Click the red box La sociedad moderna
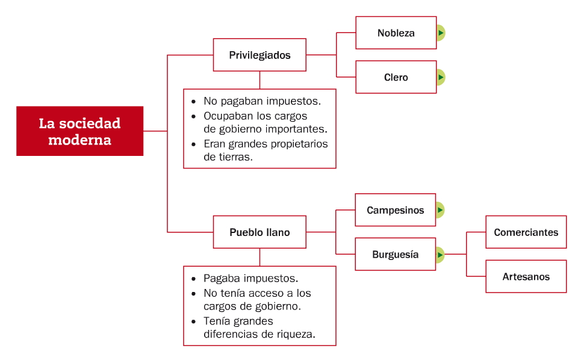pos(79,131)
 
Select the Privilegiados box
pos(259,55)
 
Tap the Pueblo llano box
pos(259,232)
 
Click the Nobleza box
pos(396,33)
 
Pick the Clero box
pos(396,77)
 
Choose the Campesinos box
pos(395,210)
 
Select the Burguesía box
pos(395,255)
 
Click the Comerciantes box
pos(526,232)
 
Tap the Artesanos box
pos(526,277)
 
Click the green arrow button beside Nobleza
pos(441,33)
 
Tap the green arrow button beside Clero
pos(441,77)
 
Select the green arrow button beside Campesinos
pos(440,210)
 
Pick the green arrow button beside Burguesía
pos(440,255)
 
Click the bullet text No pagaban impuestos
pos(261,101)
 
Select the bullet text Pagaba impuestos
pos(250,279)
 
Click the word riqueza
pos(294,334)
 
